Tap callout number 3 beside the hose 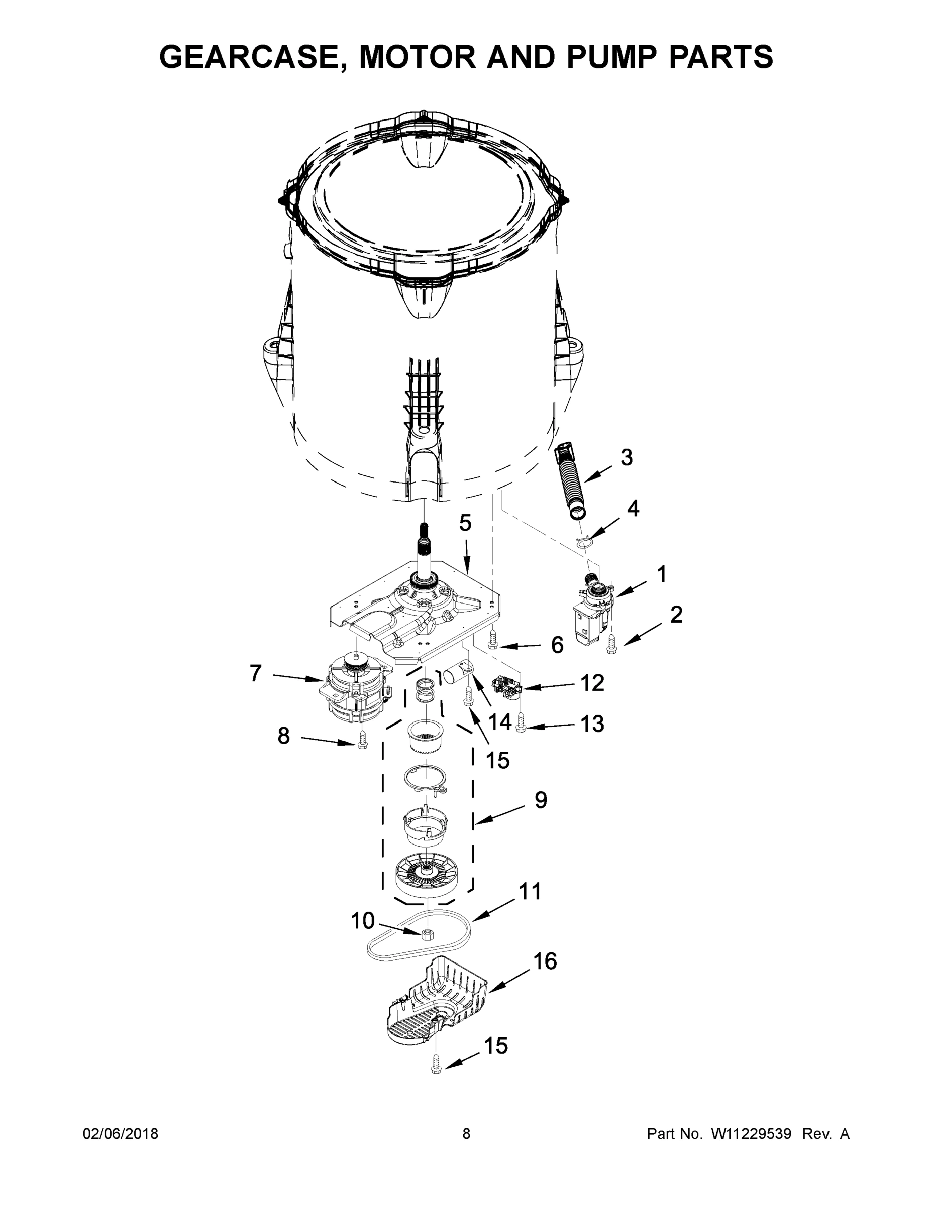click(x=626, y=457)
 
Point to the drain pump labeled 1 click(x=593, y=613)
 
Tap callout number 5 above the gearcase click(x=465, y=523)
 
